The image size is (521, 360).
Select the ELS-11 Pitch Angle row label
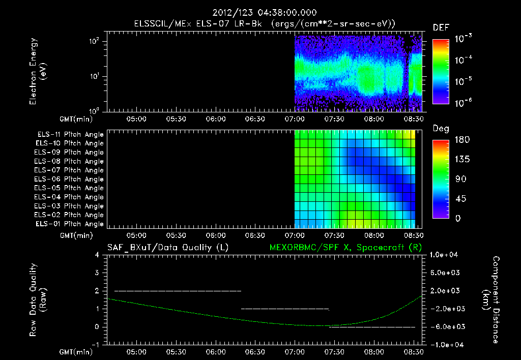(70, 134)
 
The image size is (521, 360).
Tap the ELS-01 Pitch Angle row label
(70, 224)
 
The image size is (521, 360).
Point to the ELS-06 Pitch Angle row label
(70, 179)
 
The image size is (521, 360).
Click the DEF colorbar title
(441, 27)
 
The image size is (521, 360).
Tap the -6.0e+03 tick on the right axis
(446, 327)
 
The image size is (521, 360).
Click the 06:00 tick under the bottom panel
(216, 351)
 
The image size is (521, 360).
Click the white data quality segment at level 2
(178, 291)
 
